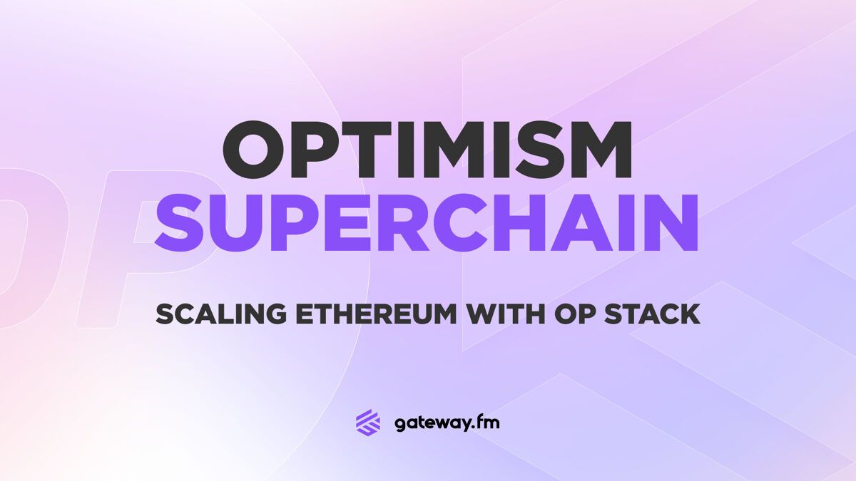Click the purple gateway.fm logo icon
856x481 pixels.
tap(368, 422)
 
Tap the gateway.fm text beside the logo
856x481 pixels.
tap(447, 423)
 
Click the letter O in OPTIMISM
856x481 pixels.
tap(258, 150)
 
